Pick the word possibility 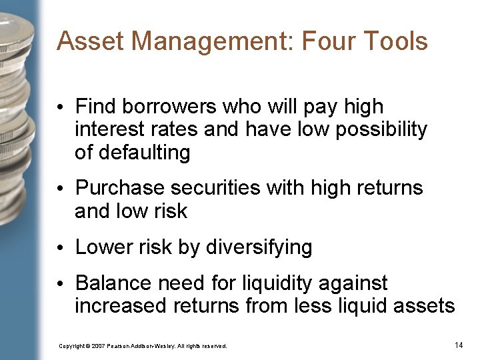(x=381, y=129)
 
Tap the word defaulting (x=144, y=153)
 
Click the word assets (x=427, y=306)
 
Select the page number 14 (x=458, y=345)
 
